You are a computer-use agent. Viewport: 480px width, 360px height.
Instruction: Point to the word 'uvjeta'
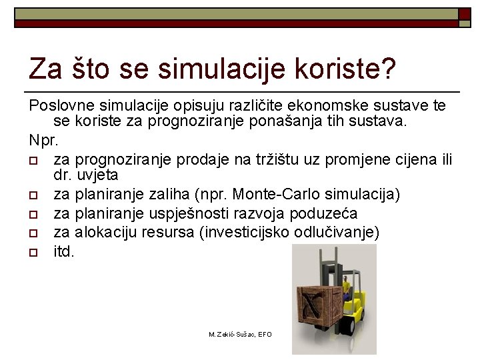click(97, 175)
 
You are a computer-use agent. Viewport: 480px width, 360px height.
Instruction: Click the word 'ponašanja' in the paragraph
click(331, 122)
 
